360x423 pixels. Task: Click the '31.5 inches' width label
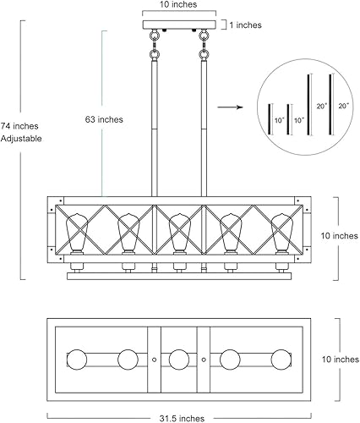(179, 416)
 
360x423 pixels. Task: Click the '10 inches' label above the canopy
(178, 6)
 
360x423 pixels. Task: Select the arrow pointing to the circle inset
(227, 107)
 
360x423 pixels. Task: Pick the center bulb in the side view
(178, 233)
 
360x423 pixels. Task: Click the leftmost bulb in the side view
(74, 233)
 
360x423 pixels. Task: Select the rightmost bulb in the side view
(282, 233)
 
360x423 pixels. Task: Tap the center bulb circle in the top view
(178, 358)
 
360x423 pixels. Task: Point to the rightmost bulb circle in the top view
(280, 358)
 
